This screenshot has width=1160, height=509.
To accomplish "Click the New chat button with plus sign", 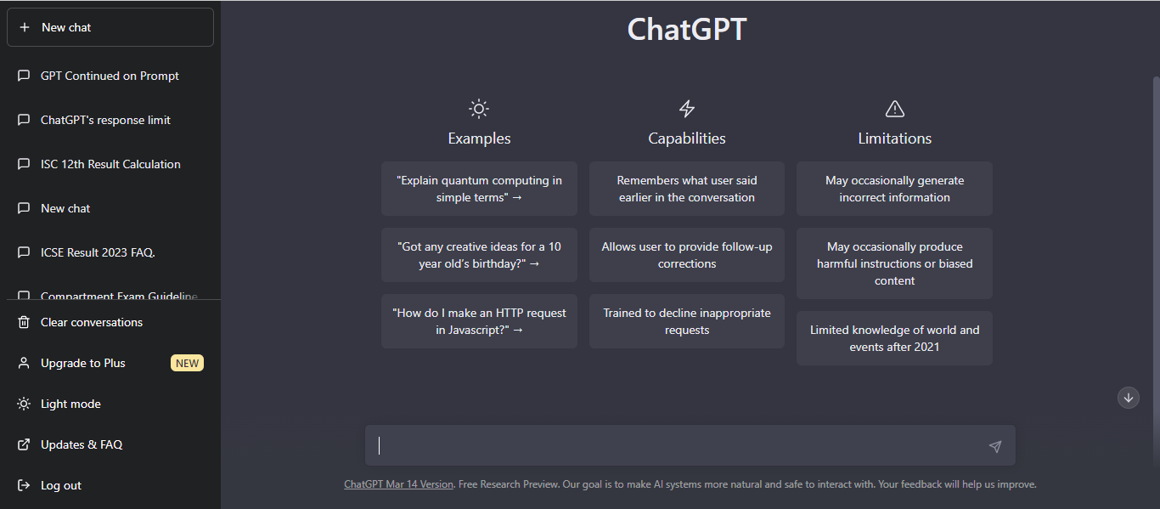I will click(x=110, y=27).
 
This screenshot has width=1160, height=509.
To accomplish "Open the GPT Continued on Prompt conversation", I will click(x=110, y=76).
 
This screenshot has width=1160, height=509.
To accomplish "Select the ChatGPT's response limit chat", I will click(x=105, y=120).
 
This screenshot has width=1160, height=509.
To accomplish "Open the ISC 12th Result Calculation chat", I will click(x=110, y=164).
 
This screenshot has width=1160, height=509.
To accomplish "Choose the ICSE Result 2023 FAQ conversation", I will click(x=98, y=252).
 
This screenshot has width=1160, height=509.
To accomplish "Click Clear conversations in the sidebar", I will click(x=92, y=322).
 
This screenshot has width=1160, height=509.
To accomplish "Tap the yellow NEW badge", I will click(x=187, y=363).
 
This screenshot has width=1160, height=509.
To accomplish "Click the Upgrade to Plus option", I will click(x=83, y=363).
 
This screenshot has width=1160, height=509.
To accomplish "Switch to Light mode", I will click(x=70, y=404).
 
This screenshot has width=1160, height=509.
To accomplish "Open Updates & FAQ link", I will click(x=82, y=444).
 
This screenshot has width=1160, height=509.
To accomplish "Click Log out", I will click(x=61, y=485).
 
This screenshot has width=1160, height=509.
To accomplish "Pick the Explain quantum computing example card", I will click(x=479, y=189).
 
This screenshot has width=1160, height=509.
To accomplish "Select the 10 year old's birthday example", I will click(x=479, y=255).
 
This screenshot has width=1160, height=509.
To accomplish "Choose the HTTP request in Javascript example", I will click(x=479, y=321).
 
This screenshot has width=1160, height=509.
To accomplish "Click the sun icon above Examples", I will click(x=479, y=109).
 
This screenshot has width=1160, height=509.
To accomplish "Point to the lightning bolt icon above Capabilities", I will click(x=687, y=109).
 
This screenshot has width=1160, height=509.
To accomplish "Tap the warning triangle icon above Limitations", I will click(x=894, y=109).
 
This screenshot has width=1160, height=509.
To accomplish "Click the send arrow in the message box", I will click(x=995, y=446).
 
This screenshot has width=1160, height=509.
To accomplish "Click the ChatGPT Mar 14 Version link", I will click(x=398, y=484).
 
